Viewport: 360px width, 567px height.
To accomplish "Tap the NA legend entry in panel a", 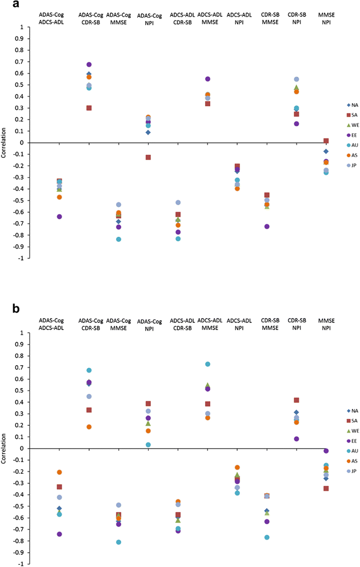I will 338,105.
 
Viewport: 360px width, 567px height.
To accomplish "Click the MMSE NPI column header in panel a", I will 326,16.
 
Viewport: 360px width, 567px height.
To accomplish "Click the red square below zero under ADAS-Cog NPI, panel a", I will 148,157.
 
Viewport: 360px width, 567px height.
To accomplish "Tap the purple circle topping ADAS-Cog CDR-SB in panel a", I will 89,65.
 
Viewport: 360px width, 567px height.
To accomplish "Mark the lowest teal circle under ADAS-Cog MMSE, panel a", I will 118,239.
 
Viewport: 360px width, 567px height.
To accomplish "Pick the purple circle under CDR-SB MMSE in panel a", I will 266,227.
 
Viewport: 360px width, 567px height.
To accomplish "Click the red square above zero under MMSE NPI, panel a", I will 326,141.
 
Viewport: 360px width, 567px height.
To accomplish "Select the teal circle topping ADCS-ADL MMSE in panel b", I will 207,364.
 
